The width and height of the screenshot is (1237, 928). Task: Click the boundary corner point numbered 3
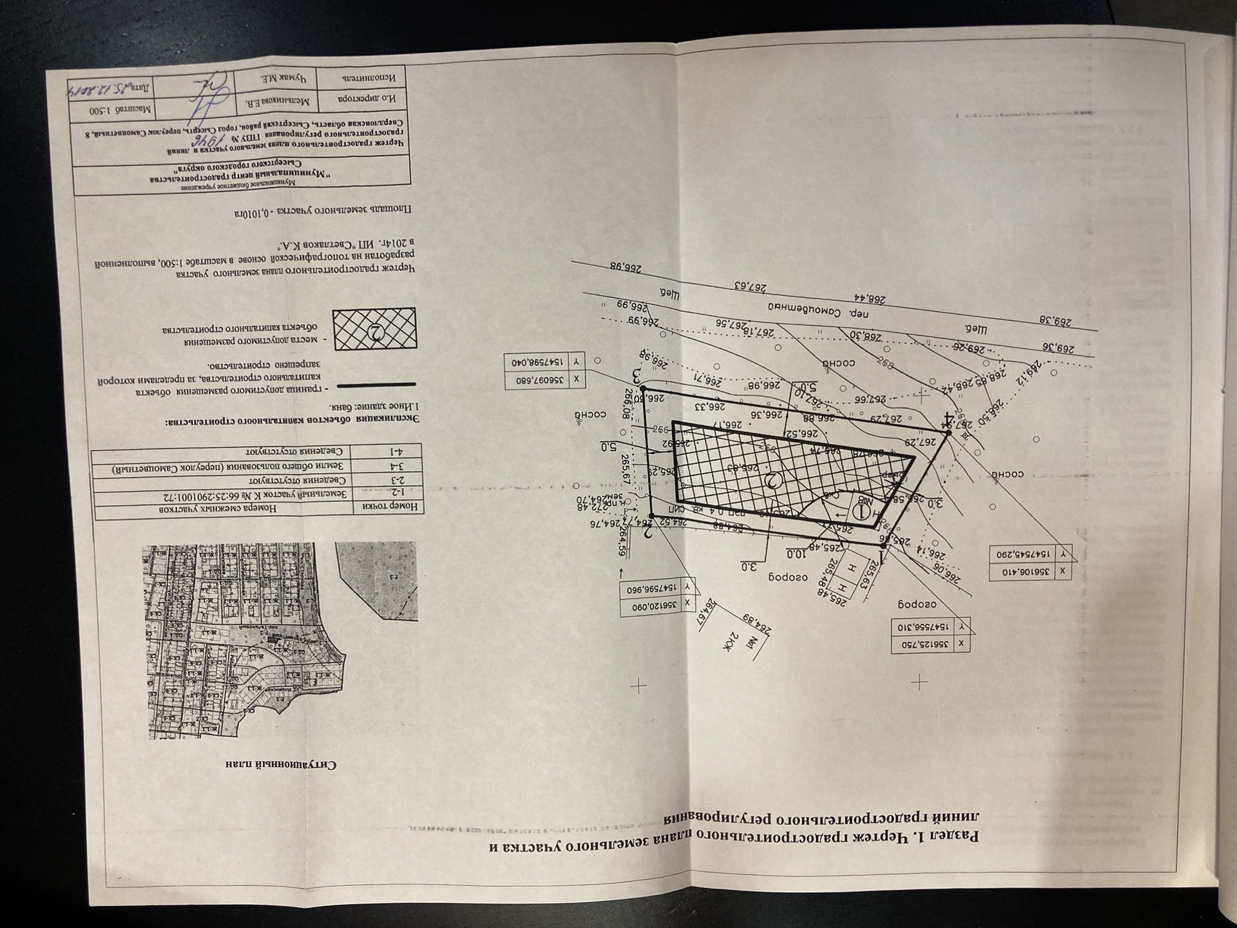pos(642,389)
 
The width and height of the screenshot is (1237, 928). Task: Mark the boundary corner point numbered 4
pos(948,433)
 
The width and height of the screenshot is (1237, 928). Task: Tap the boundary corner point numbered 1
pos(883,545)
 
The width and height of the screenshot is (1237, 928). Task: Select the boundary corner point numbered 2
pos(652,516)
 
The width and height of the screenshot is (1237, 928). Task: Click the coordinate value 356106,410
pos(1022,571)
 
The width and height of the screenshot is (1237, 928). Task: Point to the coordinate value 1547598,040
pos(539,363)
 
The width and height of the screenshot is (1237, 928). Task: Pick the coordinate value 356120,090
pos(651,606)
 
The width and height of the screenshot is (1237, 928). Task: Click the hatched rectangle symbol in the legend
pos(374,329)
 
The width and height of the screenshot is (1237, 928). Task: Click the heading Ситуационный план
pos(281,765)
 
